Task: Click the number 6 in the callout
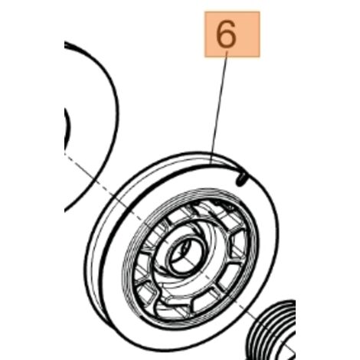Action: point(226,34)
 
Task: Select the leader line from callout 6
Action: point(219,107)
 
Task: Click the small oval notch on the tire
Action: point(241,178)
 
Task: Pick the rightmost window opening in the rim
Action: point(239,246)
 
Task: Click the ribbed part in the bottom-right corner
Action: point(273,329)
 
